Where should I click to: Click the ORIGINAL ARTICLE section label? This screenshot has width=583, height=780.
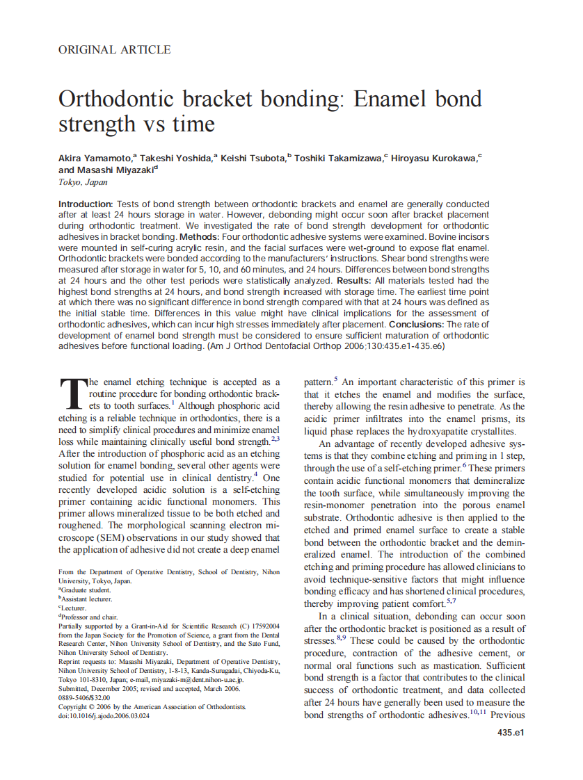click(115, 49)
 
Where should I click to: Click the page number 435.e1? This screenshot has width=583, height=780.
click(511, 733)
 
